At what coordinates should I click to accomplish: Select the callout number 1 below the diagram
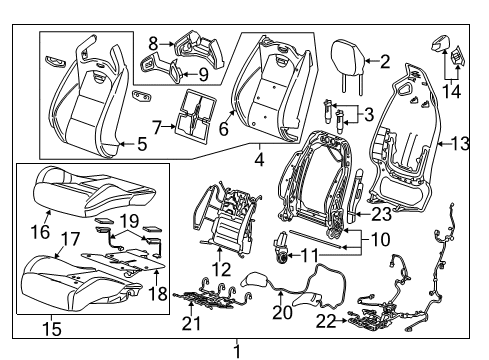(237, 351)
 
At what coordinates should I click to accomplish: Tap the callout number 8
(153, 42)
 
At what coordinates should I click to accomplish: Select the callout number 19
(129, 218)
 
